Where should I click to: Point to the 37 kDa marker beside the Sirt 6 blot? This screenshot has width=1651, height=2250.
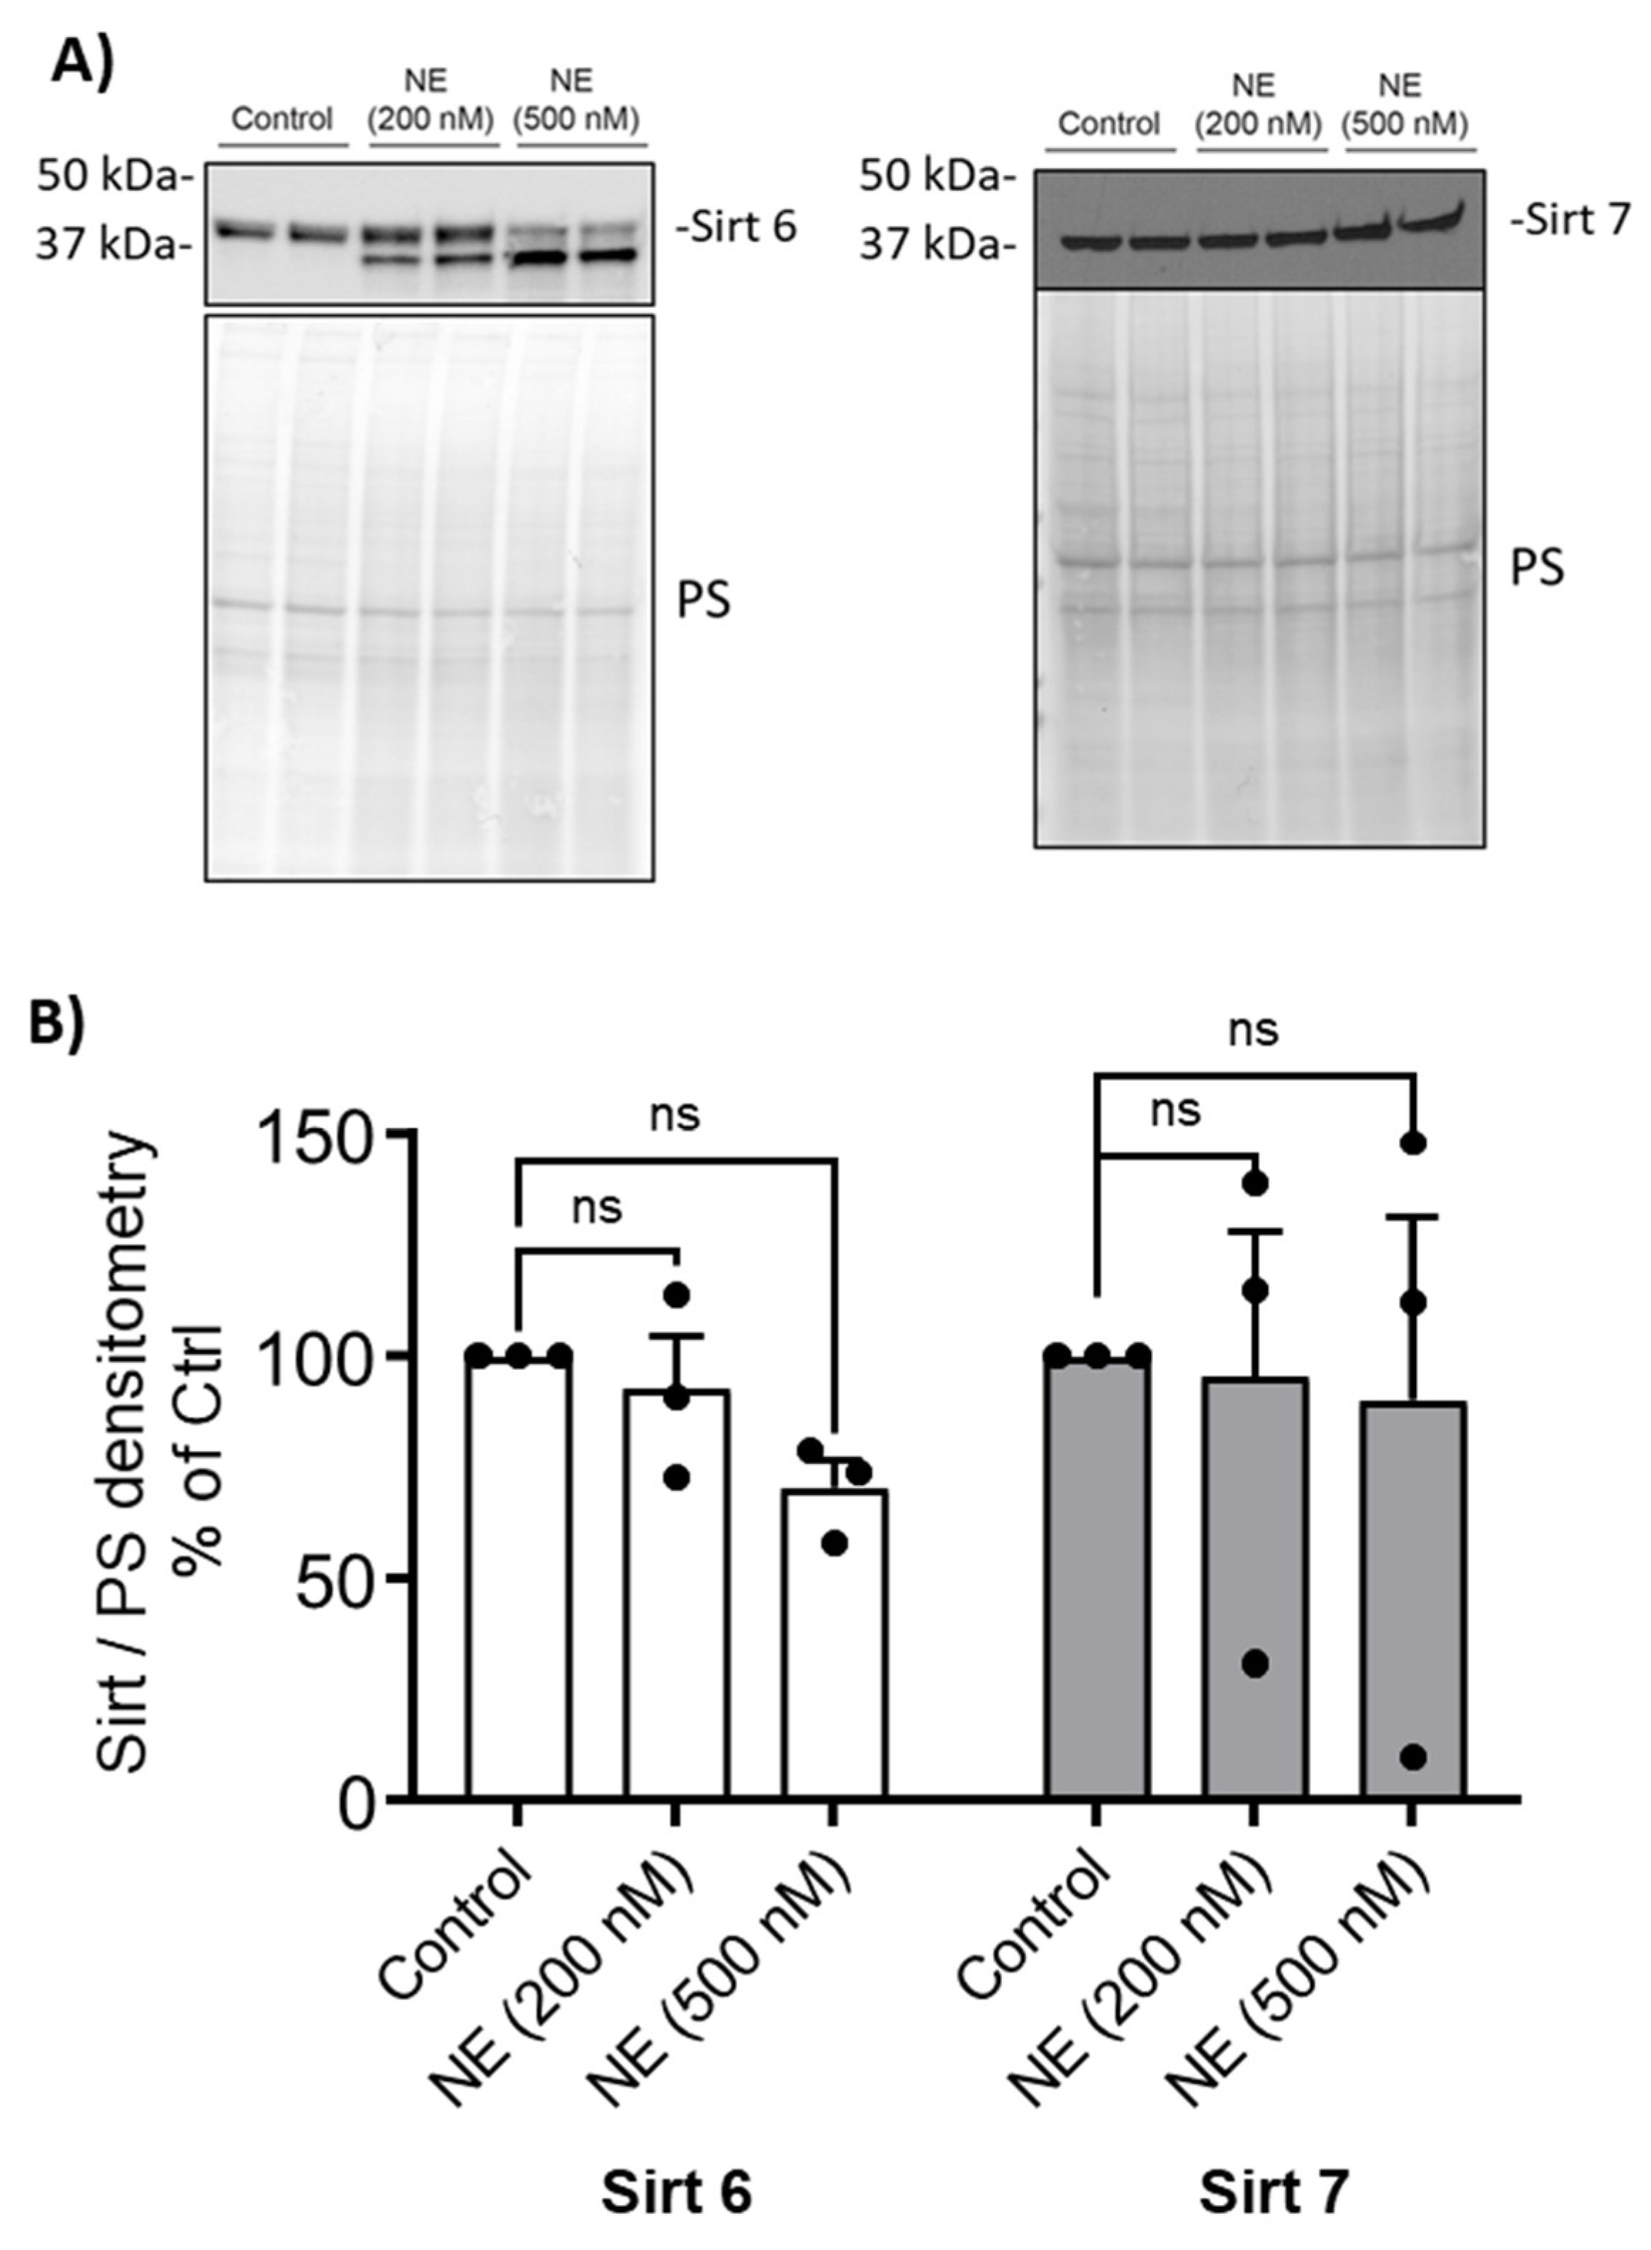(x=112, y=244)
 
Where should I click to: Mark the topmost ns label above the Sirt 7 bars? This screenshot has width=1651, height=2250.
(x=1253, y=1030)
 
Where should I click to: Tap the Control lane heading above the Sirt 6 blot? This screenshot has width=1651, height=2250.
(x=282, y=120)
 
